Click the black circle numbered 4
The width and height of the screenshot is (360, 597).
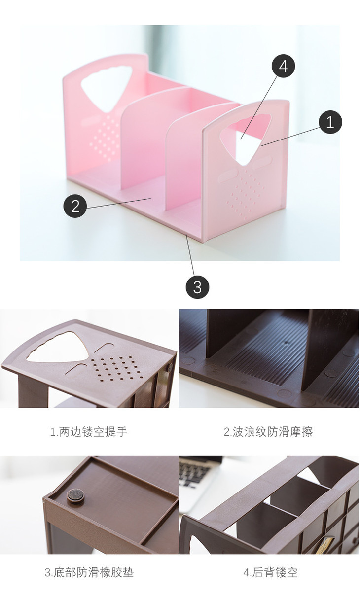[x=283, y=66]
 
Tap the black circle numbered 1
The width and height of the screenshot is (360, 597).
[x=330, y=122]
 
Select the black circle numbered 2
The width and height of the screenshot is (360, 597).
[x=75, y=206]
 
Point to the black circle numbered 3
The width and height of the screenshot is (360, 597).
[x=197, y=287]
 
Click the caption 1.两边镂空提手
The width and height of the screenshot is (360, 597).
[x=89, y=432]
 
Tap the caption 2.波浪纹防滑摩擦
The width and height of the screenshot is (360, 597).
[x=268, y=432]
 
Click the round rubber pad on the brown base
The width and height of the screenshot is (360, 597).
[x=75, y=496]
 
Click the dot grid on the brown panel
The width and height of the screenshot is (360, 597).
[x=115, y=369]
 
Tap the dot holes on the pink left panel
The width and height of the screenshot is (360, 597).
[x=105, y=139]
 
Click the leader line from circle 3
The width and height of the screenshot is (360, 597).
[x=190, y=255]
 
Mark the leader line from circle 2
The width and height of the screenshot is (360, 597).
[x=119, y=203]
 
